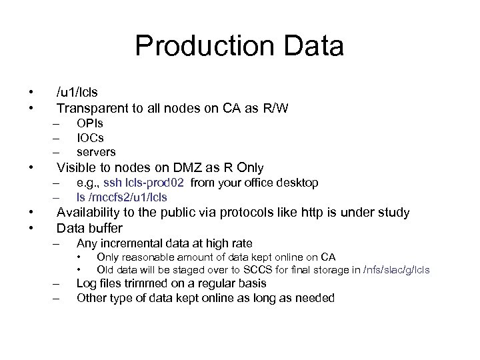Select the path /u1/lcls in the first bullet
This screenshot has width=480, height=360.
[77, 91]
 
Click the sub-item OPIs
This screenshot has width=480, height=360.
[90, 123]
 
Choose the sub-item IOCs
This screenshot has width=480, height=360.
[91, 137]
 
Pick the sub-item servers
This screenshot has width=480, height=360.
[96, 152]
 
